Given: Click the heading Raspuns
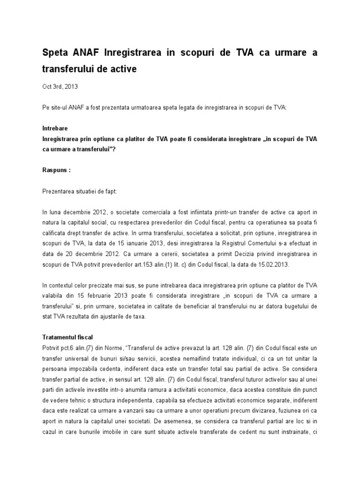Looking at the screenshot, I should pyautogui.click(x=56, y=170).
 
